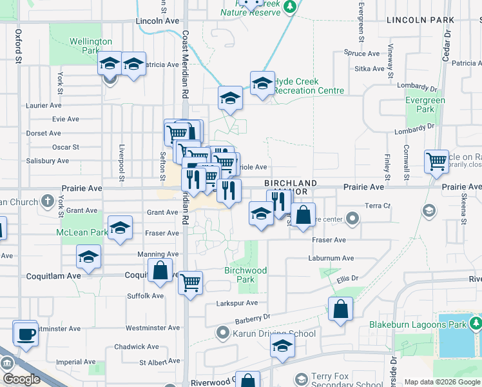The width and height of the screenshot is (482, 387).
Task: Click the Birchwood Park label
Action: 246,275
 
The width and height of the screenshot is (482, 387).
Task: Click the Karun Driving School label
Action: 274,333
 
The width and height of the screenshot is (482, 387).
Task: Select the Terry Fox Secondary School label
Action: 338,380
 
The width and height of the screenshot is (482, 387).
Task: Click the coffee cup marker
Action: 26,333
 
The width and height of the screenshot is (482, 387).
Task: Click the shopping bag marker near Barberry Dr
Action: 340,309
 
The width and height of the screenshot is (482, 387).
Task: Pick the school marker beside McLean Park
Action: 120,228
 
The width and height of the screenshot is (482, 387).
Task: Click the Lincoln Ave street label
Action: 157,21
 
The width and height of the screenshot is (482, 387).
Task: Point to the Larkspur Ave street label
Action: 238,303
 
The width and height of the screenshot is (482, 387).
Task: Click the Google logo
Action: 22,379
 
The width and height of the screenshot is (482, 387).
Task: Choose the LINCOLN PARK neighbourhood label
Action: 421,21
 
